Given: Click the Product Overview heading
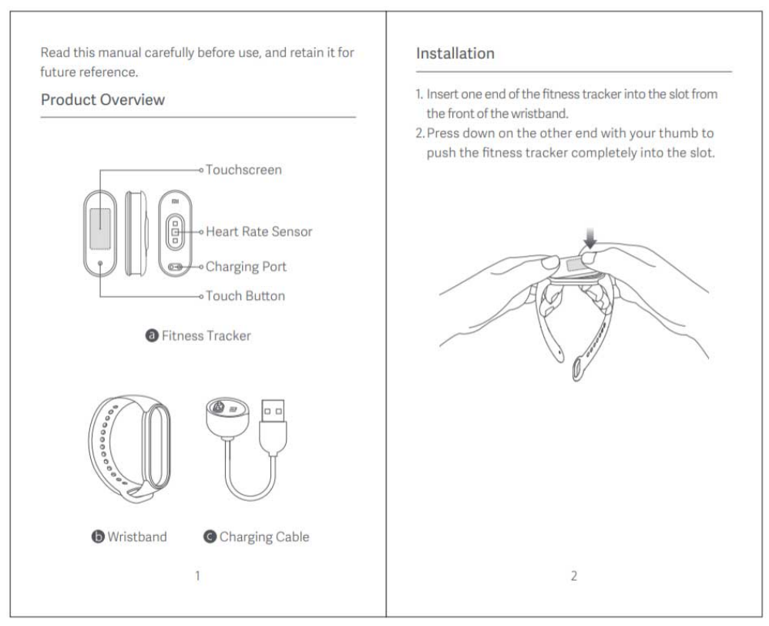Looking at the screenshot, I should (x=102, y=100).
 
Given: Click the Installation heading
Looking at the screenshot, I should (x=455, y=54).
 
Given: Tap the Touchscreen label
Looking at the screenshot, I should (x=244, y=169).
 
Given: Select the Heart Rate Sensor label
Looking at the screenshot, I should (x=259, y=231).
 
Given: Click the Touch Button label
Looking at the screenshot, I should (x=245, y=296).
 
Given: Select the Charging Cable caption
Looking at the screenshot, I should (x=264, y=537).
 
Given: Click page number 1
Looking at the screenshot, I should (x=197, y=575).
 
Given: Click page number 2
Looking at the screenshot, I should (x=574, y=575).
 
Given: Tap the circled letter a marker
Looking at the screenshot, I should (x=152, y=336).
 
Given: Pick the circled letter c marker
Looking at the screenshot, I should (x=210, y=537).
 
